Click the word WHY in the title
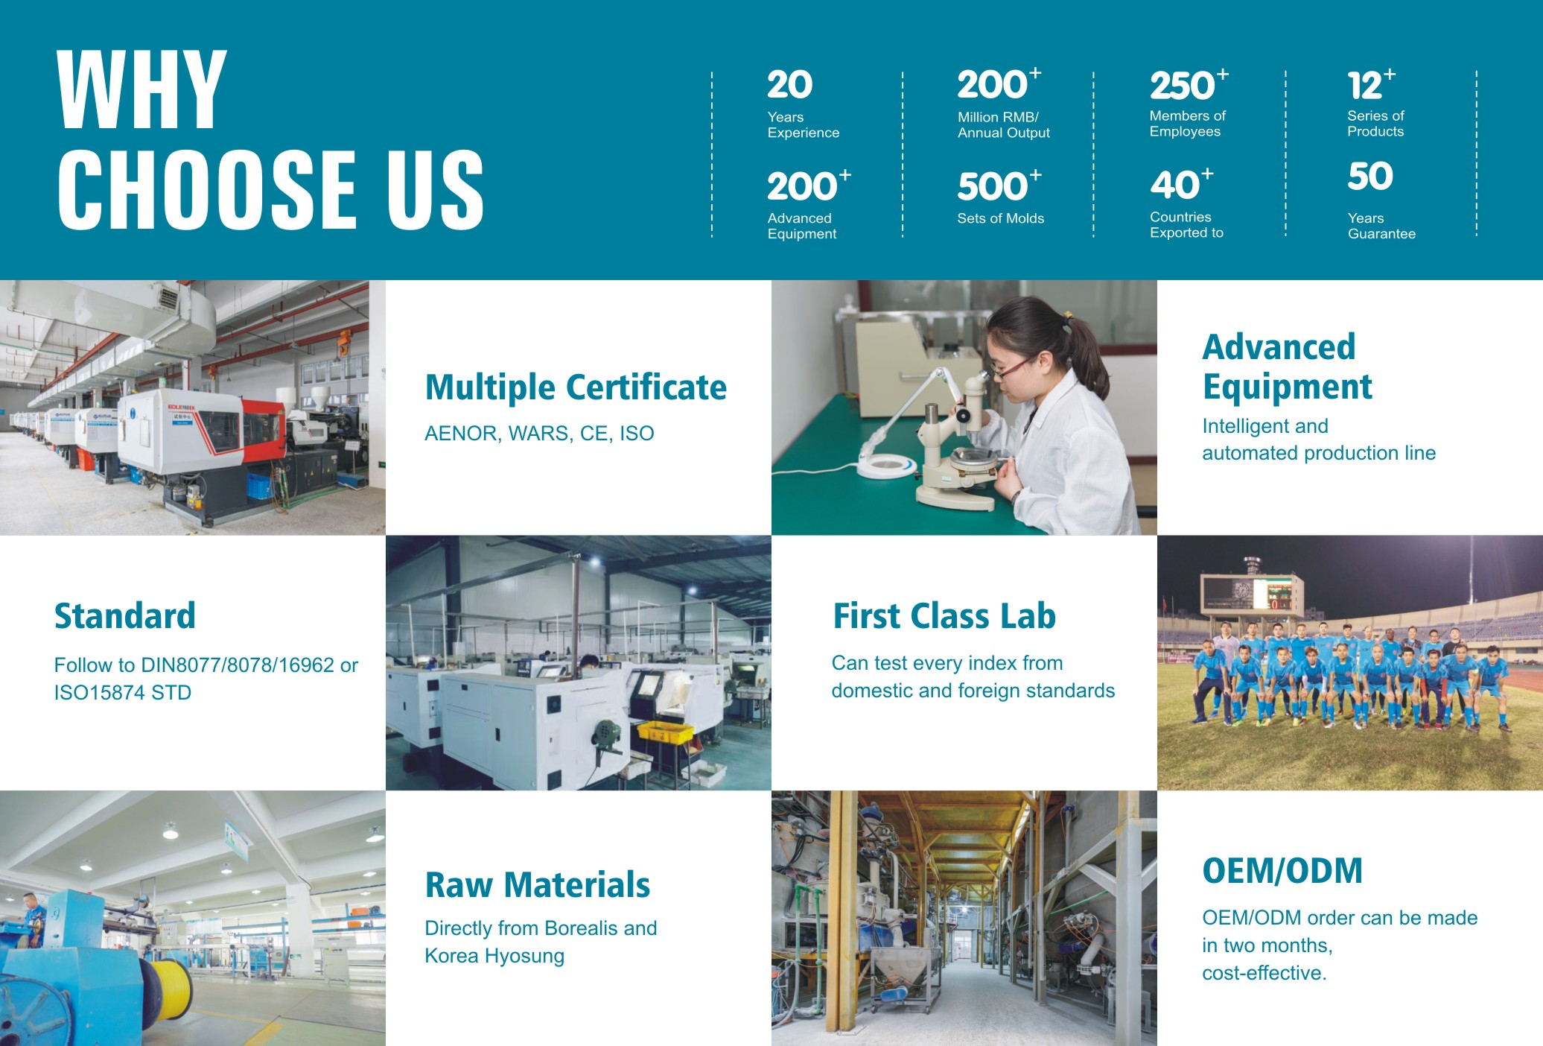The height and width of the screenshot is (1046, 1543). click(141, 90)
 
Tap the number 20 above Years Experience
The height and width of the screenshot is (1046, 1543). click(789, 85)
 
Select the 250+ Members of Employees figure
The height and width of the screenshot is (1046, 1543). click(1189, 85)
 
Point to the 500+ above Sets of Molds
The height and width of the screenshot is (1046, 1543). click(999, 186)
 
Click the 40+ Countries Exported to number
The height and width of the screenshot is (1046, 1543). click(1181, 184)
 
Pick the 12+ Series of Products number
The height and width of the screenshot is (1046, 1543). click(1371, 85)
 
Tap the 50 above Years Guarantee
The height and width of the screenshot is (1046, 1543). click(1369, 177)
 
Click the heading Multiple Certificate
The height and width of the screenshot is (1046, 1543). click(576, 387)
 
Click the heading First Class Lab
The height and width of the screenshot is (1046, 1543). click(944, 616)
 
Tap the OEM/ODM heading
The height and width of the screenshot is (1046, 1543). click(1282, 871)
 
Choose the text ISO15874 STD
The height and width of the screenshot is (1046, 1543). click(123, 693)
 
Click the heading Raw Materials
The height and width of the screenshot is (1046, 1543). click(538, 885)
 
